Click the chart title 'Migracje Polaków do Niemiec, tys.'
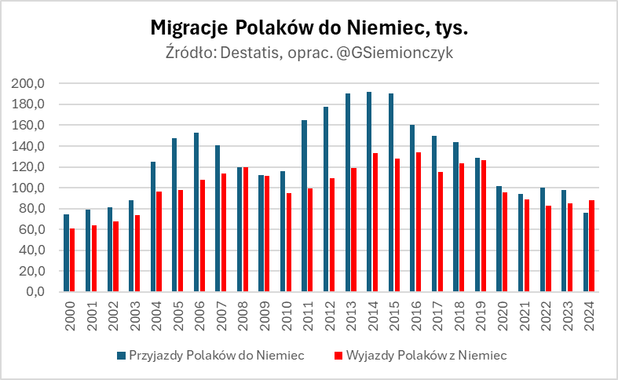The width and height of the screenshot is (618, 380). point(309,28)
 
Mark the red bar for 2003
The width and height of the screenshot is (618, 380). point(137,253)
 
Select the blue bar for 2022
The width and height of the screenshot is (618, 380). point(542,239)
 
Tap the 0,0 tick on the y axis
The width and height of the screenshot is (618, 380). point(39,292)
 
